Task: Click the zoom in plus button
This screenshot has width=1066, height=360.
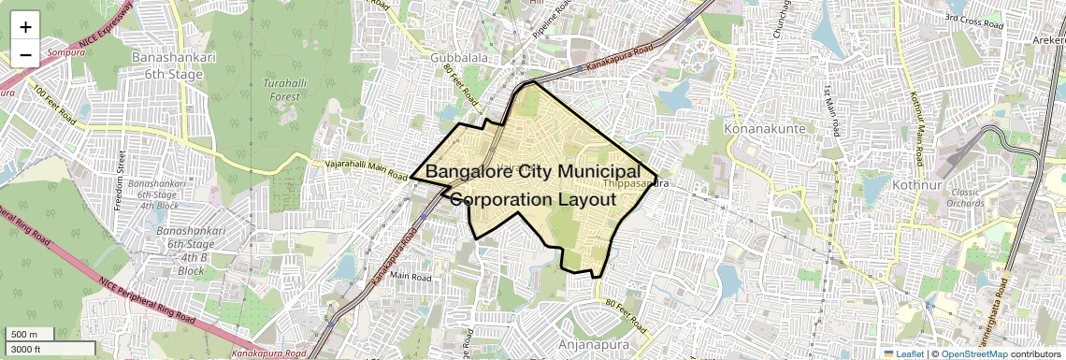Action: coord(25,27)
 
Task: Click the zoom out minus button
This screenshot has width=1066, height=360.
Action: coord(25,54)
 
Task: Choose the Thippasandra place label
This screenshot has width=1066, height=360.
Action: coord(637,183)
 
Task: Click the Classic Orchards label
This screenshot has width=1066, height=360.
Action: coord(965,197)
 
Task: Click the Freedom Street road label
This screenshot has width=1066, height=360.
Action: coord(120,179)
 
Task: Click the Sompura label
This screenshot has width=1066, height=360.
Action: coord(67,52)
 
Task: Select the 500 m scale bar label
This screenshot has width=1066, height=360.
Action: coord(24,335)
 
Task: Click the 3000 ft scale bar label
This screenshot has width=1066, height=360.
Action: coord(25,349)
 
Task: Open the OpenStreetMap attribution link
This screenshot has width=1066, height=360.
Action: coord(974,353)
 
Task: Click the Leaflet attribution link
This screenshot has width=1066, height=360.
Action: coord(908,353)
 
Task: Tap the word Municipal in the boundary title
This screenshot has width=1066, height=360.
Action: coord(596,172)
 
